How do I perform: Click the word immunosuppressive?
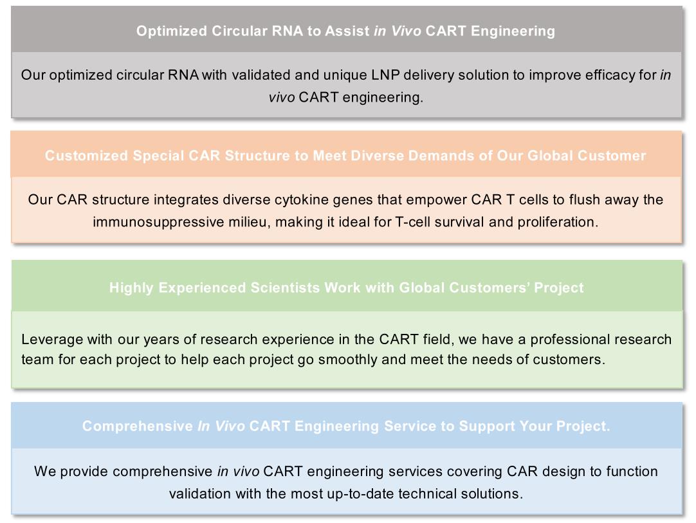coord(158,222)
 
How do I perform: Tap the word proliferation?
coord(558,222)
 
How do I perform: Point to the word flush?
coord(585,200)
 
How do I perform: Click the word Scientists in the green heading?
coord(285,288)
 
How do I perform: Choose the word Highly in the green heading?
coord(131,288)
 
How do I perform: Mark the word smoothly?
coord(347,360)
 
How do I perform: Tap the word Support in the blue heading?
coord(487,427)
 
